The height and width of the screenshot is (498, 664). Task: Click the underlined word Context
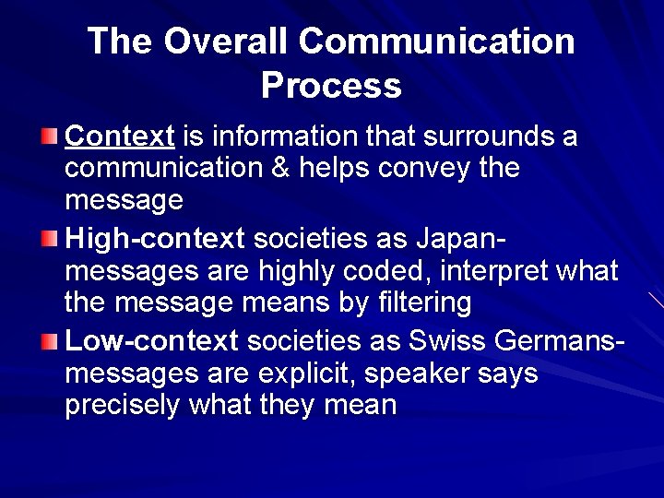(120, 137)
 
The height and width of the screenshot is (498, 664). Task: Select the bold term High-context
(155, 240)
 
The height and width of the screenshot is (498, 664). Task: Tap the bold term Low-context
(152, 341)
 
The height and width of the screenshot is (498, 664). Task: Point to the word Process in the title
(331, 86)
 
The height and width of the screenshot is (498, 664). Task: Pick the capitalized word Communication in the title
(437, 41)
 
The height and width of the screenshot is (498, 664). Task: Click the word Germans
(557, 341)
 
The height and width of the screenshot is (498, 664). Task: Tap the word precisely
(124, 406)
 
